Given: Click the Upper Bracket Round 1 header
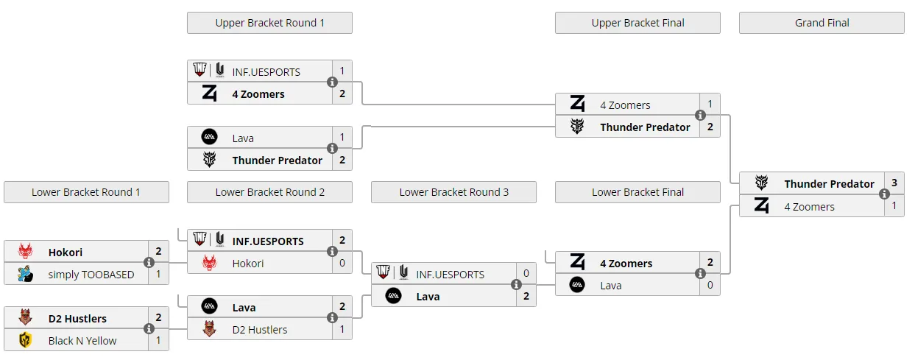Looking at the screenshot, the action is pyautogui.click(x=269, y=23).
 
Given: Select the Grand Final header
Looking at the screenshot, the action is pyautogui.click(x=822, y=23).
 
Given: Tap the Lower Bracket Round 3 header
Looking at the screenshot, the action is pyautogui.click(x=453, y=192).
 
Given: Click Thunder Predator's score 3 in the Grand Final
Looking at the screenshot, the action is pyautogui.click(x=894, y=183).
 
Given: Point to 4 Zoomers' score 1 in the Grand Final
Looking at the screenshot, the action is pyautogui.click(x=894, y=205).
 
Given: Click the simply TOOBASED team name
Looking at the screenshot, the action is pyautogui.click(x=91, y=275).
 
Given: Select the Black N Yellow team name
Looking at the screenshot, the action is pyautogui.click(x=82, y=341).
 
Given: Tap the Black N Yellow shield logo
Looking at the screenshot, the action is pyautogui.click(x=25, y=340).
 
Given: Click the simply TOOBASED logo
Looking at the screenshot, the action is pyautogui.click(x=25, y=274).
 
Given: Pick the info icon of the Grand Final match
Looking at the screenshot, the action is pyautogui.click(x=884, y=194).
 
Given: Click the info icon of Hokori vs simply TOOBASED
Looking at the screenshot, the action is pyautogui.click(x=149, y=262).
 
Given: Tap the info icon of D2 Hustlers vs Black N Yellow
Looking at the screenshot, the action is pyautogui.click(x=149, y=328).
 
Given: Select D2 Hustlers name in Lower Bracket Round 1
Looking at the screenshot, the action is pyautogui.click(x=77, y=319).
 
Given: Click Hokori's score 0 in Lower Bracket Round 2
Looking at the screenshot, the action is pyautogui.click(x=342, y=263).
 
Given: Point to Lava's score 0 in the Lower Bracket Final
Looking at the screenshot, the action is pyautogui.click(x=710, y=285).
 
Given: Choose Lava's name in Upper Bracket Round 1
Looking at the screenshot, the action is pyautogui.click(x=243, y=138).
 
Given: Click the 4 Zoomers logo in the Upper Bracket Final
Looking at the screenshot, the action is pyautogui.click(x=578, y=103).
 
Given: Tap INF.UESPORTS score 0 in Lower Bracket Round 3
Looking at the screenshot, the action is pyautogui.click(x=526, y=273).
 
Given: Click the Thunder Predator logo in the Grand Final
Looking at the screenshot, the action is pyautogui.click(x=761, y=183).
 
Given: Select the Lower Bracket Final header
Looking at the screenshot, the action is pyautogui.click(x=637, y=192).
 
